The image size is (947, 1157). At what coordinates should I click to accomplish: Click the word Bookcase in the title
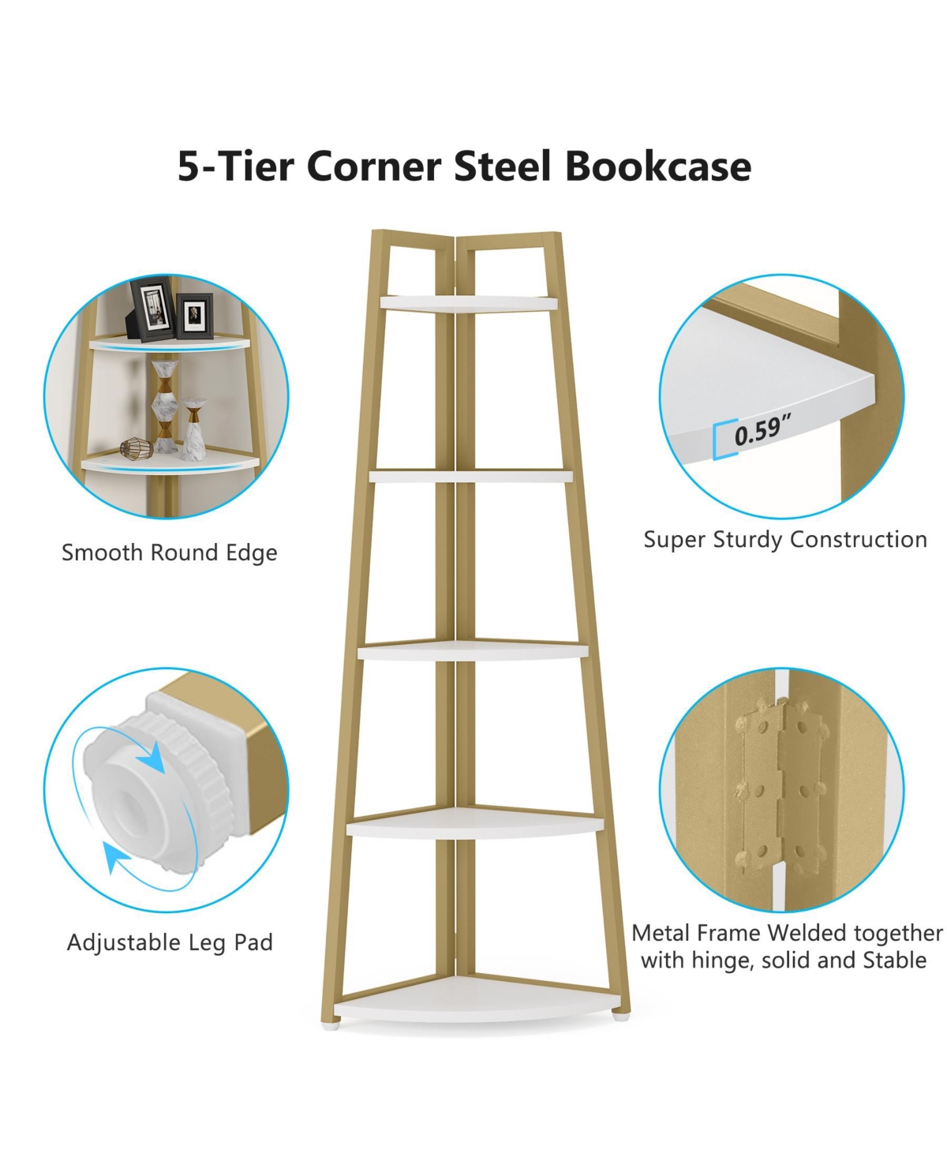tap(657, 167)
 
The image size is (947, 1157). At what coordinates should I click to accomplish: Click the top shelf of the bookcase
tap(469, 303)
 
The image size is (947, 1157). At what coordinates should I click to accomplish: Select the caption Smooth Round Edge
tap(170, 552)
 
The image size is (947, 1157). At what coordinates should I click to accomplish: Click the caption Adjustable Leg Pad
tap(170, 942)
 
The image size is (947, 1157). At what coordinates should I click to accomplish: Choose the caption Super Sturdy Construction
tap(785, 540)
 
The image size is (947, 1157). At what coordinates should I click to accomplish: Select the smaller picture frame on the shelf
tap(194, 314)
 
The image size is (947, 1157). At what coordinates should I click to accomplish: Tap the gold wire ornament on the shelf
tap(135, 448)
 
